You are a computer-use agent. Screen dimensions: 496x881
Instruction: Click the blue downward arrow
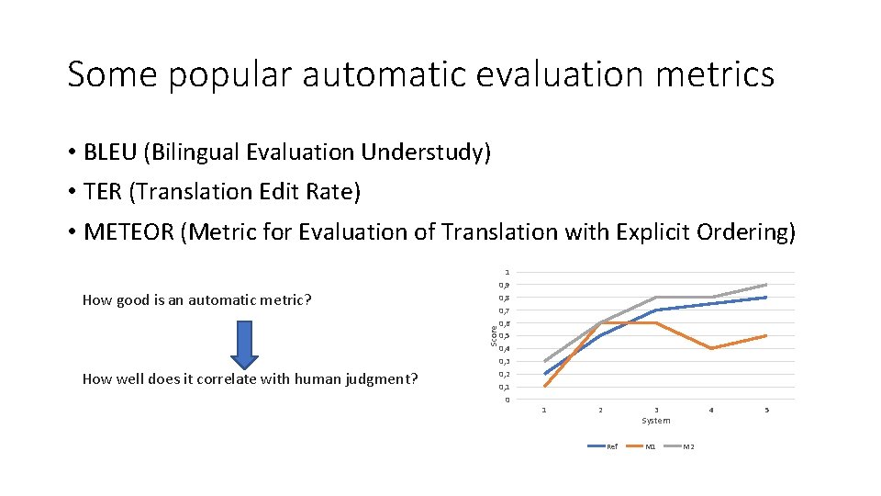pyautogui.click(x=244, y=343)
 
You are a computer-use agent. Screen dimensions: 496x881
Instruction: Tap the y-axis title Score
pyautogui.click(x=493, y=335)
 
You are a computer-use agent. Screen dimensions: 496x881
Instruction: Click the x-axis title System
pyautogui.click(x=655, y=421)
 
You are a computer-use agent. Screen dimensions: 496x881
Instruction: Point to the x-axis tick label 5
pyautogui.click(x=766, y=410)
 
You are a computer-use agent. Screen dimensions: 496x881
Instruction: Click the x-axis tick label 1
pyautogui.click(x=544, y=410)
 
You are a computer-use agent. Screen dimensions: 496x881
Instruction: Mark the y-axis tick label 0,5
pyautogui.click(x=504, y=336)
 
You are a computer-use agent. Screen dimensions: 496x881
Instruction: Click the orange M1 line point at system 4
pyautogui.click(x=711, y=348)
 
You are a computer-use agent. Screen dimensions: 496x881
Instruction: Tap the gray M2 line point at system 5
pyautogui.click(x=766, y=285)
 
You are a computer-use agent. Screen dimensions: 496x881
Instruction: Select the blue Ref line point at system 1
pyautogui.click(x=544, y=374)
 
